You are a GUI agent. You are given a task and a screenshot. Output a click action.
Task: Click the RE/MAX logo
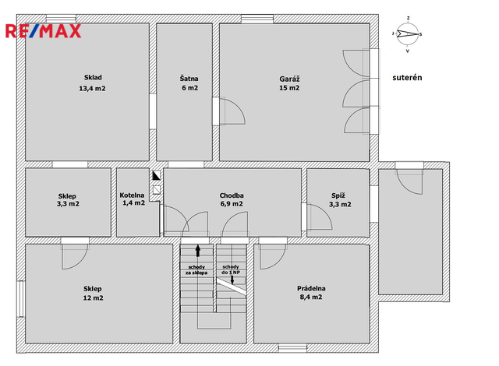tap(44, 31)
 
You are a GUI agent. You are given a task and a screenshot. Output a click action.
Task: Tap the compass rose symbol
tap(407, 34)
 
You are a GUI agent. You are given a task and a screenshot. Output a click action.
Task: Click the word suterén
tap(407, 78)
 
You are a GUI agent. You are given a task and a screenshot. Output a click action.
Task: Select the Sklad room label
tap(93, 77)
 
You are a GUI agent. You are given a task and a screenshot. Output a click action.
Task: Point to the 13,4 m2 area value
tap(92, 89)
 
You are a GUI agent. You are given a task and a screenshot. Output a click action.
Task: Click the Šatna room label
tap(189, 78)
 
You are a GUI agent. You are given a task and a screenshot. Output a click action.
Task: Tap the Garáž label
tap(289, 79)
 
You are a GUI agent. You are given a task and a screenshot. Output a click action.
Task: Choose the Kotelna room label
tap(132, 195)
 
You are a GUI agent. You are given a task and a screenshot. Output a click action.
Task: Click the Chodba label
tap(232, 195)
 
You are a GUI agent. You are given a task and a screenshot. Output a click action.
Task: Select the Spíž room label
tap(338, 195)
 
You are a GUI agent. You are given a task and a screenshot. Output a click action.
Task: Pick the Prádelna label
tap(311, 288)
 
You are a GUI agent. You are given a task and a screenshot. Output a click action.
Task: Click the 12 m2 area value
tap(93, 297)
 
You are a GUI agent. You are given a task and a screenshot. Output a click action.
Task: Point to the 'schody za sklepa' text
tap(196, 269)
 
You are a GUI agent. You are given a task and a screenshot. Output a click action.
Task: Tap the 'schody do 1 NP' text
tap(231, 269)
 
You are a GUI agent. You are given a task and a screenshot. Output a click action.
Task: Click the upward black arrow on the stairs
tap(198, 250)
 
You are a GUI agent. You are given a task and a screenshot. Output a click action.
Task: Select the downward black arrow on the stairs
tap(232, 280)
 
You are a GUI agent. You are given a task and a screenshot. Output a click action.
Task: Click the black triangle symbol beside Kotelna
tap(156, 175)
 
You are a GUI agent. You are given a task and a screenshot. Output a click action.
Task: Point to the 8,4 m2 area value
tap(311, 297)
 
